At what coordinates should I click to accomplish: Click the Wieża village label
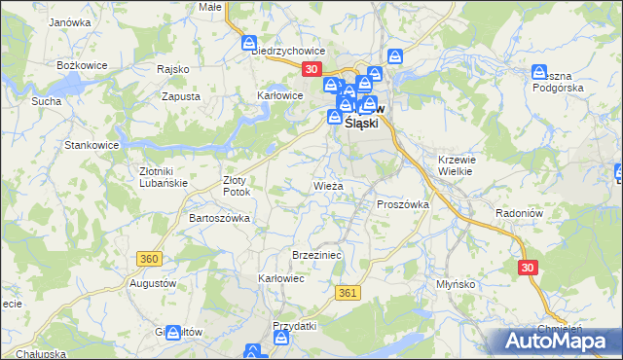click(x=328, y=184)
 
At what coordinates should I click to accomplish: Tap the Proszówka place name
click(x=402, y=204)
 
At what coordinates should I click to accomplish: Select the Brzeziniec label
click(x=314, y=254)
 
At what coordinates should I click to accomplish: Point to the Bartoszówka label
click(x=219, y=218)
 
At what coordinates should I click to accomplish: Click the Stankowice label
click(x=91, y=145)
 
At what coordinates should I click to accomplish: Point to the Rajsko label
click(x=172, y=70)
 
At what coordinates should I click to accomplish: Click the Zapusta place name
click(x=181, y=96)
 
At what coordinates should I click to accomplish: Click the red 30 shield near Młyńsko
click(x=528, y=268)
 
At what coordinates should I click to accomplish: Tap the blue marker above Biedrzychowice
click(x=248, y=43)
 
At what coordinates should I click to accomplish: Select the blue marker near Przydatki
click(x=281, y=339)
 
